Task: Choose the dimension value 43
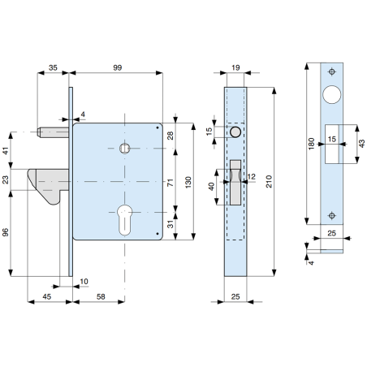(x=361, y=143)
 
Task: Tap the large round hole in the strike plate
(x=332, y=94)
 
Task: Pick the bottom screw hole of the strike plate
(x=332, y=215)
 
